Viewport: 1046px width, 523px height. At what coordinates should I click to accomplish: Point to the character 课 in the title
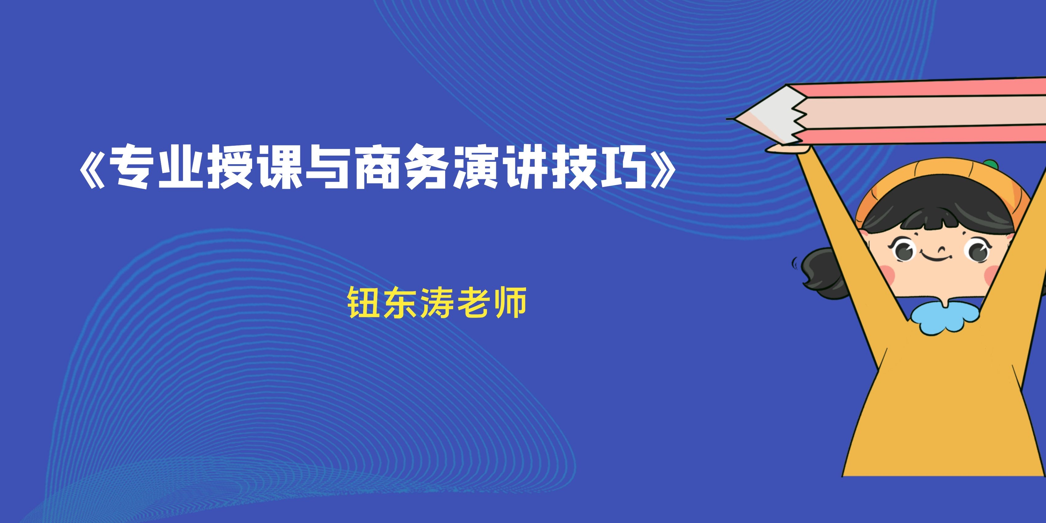[280, 167]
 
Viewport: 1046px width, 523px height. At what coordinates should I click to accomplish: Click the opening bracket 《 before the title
[92, 167]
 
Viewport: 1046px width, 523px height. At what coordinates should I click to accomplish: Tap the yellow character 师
[510, 303]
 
